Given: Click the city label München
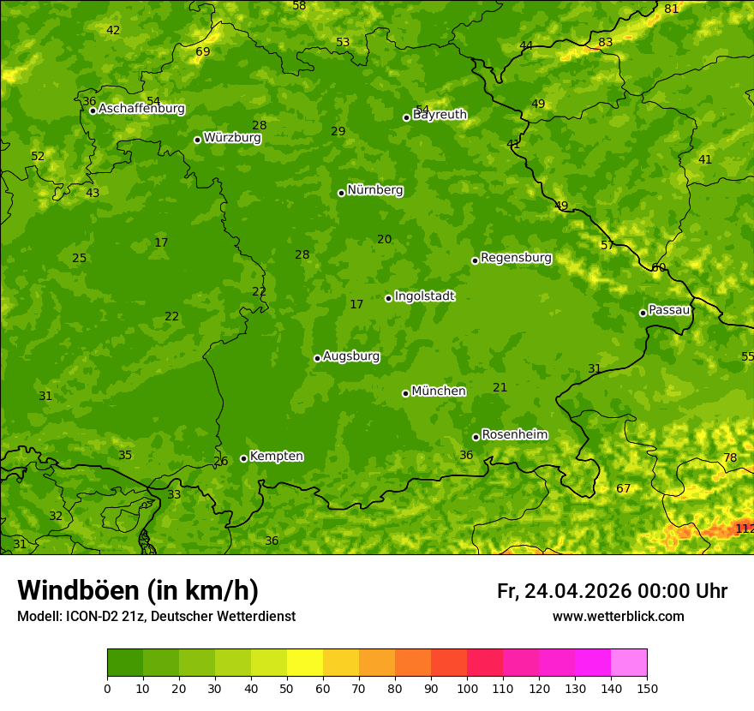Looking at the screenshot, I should click(439, 391).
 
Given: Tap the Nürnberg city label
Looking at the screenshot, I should click(375, 190).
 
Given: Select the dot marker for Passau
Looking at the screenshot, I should click(643, 313).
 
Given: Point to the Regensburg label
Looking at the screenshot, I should click(516, 258).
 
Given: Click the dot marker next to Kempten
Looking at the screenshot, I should click(243, 458).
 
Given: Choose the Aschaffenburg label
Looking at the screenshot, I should click(141, 109).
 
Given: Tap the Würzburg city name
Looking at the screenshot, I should click(232, 138).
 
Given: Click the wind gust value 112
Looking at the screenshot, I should click(744, 529).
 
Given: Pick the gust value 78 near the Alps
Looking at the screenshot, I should click(730, 457).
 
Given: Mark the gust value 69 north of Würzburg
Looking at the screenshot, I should click(203, 51).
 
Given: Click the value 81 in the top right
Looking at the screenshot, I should click(672, 9).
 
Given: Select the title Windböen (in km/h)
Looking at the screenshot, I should click(138, 590).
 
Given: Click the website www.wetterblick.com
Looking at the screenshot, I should click(618, 617).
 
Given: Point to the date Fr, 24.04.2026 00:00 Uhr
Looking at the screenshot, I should click(612, 591).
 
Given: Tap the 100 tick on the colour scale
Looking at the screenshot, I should click(467, 688).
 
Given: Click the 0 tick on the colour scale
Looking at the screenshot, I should click(107, 688).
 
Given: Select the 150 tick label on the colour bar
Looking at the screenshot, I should click(647, 688).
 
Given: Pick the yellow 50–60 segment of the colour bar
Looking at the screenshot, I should click(305, 663).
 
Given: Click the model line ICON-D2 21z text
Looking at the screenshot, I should click(156, 617).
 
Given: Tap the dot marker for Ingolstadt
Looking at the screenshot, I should click(388, 298).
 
